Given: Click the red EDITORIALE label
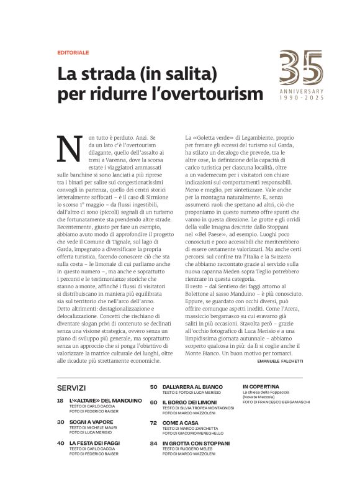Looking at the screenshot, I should (x=73, y=53).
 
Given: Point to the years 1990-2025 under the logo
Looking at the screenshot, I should (x=301, y=98).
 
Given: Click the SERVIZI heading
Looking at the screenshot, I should (x=71, y=388).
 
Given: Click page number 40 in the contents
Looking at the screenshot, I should (x=60, y=443).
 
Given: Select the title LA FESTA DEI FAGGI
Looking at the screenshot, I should (x=94, y=443).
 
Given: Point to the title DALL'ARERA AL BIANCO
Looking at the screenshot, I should (x=192, y=386).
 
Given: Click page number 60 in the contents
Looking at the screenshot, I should (x=153, y=403).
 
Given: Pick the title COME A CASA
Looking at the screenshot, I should (x=180, y=422).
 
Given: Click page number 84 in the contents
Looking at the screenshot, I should (x=153, y=443).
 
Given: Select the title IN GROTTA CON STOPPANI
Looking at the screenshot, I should (x=196, y=443).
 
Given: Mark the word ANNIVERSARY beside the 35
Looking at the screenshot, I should (x=301, y=91).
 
